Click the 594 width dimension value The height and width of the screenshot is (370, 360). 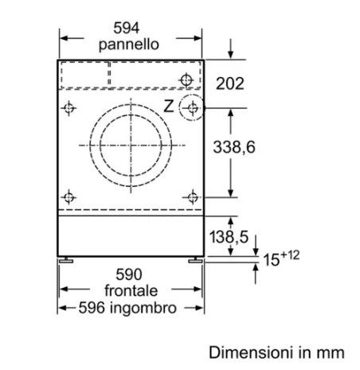tap(127, 28)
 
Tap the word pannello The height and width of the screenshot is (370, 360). tap(129, 45)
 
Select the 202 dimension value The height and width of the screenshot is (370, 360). tap(230, 84)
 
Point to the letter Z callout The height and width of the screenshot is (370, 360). tap(169, 106)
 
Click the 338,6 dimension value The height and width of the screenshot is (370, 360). tap(234, 147)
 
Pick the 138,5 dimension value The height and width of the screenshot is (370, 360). tap(229, 236)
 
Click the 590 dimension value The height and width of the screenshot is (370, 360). tap(129, 275)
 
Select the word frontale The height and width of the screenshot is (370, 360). tap(131, 290)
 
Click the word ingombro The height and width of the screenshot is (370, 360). tap(143, 308)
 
